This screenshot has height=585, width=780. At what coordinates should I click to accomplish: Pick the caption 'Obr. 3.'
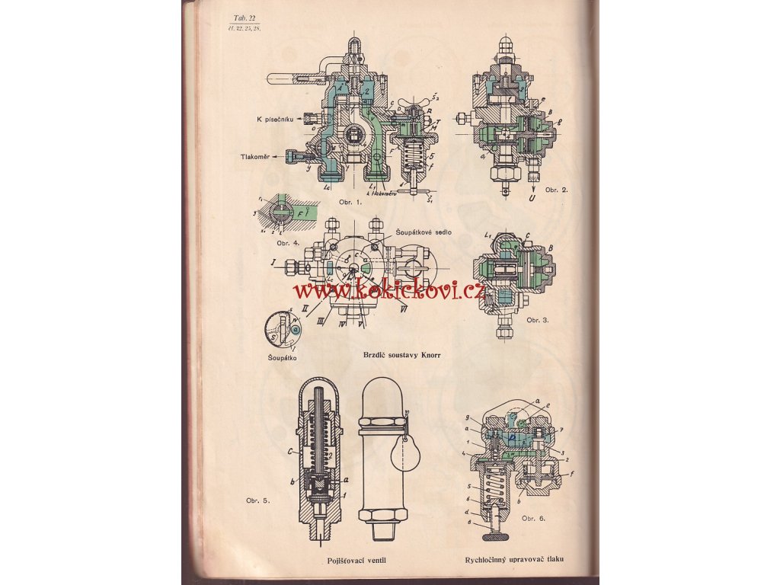pos(538,320)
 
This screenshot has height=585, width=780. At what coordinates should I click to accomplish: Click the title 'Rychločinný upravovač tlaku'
pos(519,564)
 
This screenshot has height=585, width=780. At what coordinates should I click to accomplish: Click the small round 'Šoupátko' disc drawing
pos(279,329)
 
